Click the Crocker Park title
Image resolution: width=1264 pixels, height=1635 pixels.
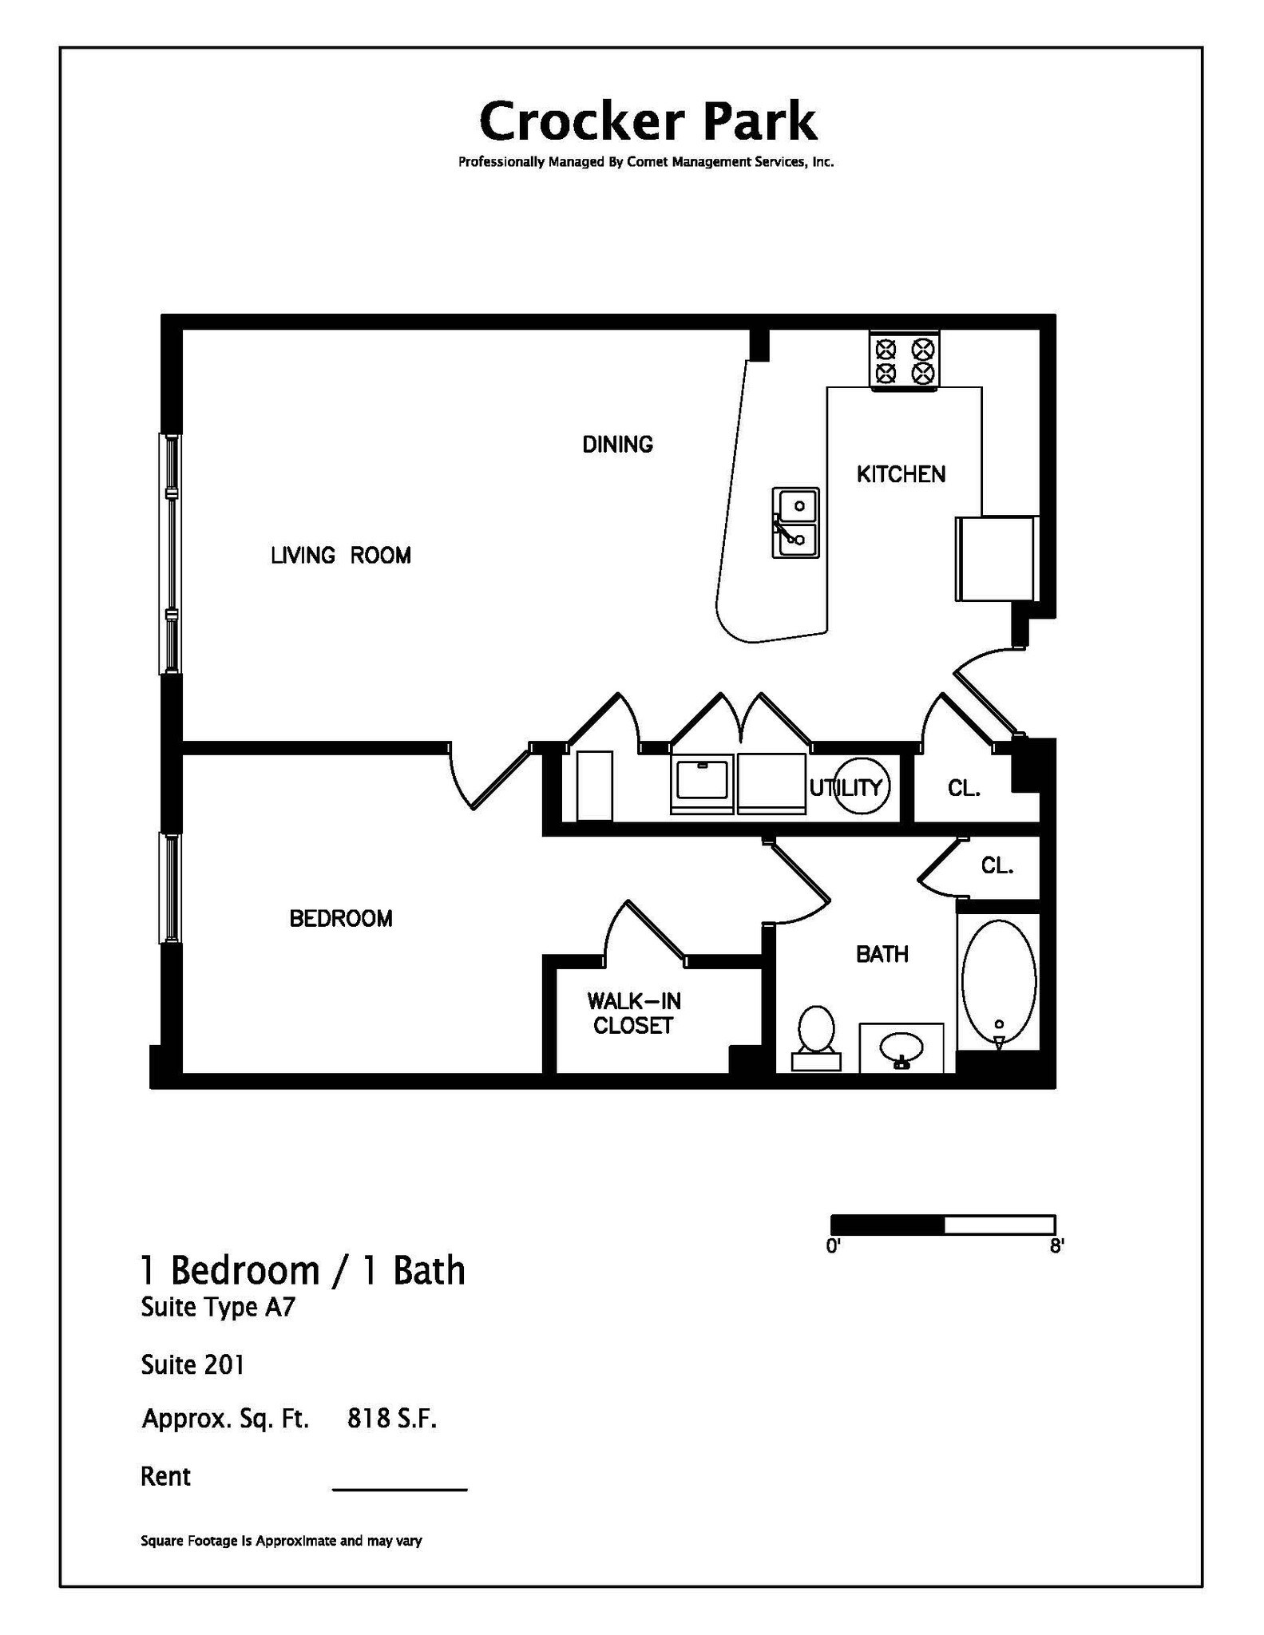(648, 121)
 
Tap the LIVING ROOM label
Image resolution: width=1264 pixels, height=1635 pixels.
(341, 556)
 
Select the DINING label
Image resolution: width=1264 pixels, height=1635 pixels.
(617, 445)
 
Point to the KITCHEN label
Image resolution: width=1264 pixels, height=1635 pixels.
(901, 474)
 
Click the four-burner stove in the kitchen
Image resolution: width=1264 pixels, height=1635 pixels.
(904, 361)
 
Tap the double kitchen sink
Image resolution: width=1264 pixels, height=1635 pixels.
(795, 523)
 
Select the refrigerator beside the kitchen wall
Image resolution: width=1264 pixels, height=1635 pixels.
(996, 559)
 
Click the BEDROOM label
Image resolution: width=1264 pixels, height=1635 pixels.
(341, 919)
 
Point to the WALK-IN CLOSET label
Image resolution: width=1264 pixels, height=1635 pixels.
(633, 1013)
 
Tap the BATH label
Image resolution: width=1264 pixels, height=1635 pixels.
(882, 954)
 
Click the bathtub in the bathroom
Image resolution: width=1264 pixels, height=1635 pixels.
(998, 982)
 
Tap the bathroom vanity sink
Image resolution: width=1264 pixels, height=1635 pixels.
(901, 1047)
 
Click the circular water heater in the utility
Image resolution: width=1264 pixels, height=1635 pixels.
(861, 786)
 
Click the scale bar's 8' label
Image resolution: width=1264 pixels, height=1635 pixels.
(1056, 1246)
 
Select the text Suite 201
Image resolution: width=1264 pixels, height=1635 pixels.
(192, 1364)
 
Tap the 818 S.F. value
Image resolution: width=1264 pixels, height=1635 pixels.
(392, 1419)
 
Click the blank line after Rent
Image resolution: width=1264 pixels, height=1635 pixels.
(399, 1489)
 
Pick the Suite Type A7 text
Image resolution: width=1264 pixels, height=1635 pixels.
(218, 1308)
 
